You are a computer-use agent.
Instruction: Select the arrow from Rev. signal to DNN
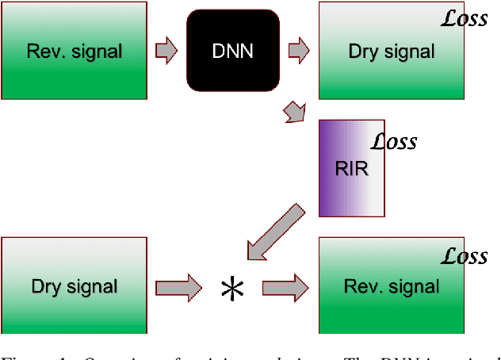(165, 50)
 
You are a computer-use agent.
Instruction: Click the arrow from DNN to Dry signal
(299, 51)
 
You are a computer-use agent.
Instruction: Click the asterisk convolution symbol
(232, 289)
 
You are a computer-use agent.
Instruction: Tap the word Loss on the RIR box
(395, 143)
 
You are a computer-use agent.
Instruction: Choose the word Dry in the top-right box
(365, 52)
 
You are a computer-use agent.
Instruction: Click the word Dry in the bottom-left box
(48, 287)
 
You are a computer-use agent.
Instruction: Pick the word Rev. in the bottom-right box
(361, 286)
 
